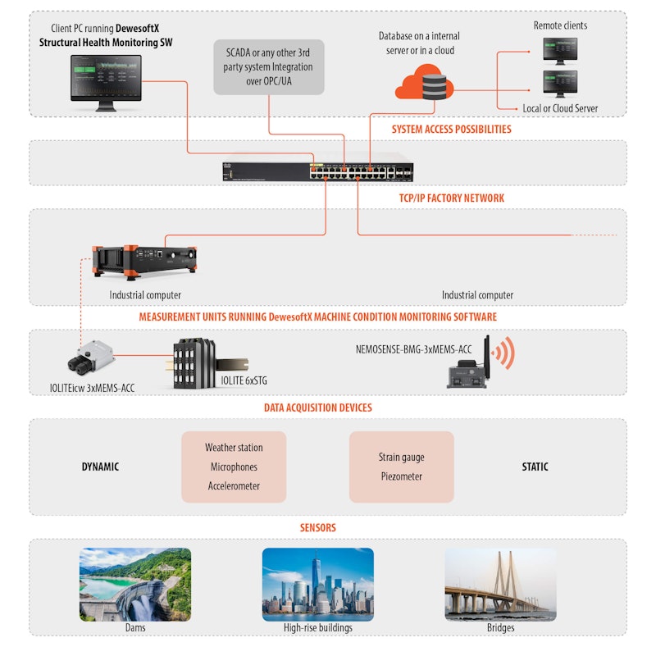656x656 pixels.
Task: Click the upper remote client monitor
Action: [x=559, y=51]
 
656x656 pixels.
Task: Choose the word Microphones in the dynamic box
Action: [x=234, y=467]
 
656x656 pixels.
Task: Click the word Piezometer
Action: [x=401, y=476]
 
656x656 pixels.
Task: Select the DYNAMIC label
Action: [x=100, y=467]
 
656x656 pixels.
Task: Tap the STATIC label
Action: [x=535, y=467]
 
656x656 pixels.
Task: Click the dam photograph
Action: [x=135, y=583]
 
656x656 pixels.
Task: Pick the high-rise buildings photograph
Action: [x=317, y=583]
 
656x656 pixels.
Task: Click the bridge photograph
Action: [x=500, y=583]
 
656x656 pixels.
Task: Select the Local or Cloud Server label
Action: [x=560, y=108]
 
